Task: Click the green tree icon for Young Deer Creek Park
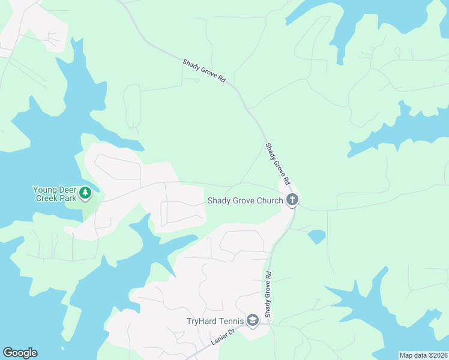click(86, 192)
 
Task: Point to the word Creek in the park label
click(47, 197)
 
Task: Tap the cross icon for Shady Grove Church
click(292, 200)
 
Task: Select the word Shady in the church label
click(219, 200)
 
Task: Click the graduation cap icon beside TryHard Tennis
click(252, 321)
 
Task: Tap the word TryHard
click(201, 321)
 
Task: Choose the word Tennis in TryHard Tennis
click(231, 321)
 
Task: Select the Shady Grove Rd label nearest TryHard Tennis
click(268, 294)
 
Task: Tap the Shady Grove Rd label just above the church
click(278, 163)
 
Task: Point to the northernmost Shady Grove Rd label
click(203, 71)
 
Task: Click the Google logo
click(20, 353)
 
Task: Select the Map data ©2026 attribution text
click(423, 355)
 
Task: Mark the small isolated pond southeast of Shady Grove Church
click(316, 236)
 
